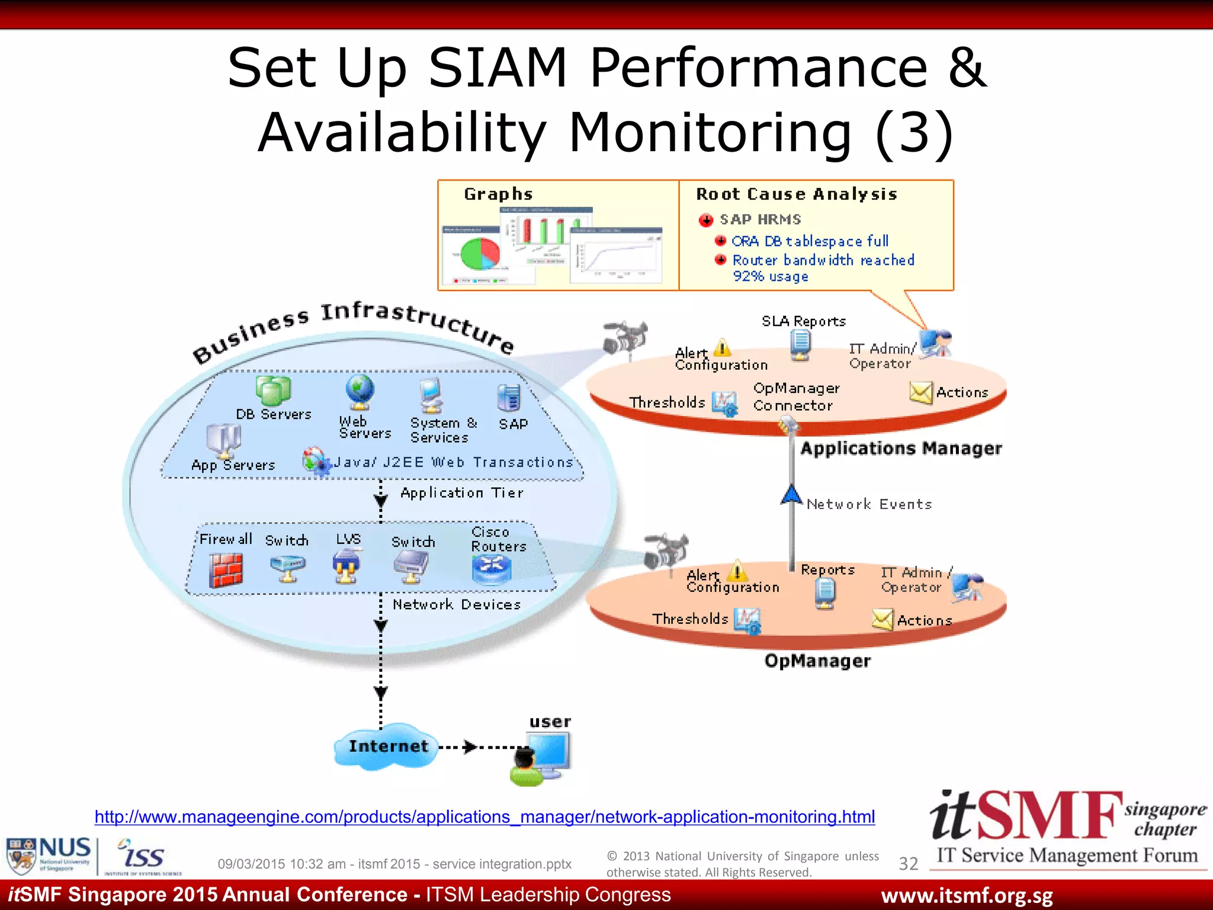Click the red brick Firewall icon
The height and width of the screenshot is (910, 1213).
pyautogui.click(x=226, y=570)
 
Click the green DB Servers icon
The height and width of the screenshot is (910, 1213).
pyautogui.click(x=273, y=390)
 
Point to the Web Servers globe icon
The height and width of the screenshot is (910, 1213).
pyautogui.click(x=360, y=392)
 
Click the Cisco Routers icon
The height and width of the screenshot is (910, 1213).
pyautogui.click(x=492, y=569)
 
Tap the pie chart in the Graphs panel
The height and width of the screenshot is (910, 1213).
pyautogui.click(x=480, y=253)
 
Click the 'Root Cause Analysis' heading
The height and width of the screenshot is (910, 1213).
pyautogui.click(x=796, y=194)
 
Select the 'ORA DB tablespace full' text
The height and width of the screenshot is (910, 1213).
pyautogui.click(x=810, y=241)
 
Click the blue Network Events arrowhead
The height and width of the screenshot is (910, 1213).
pyautogui.click(x=791, y=495)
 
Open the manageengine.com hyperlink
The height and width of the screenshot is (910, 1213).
pyautogui.click(x=484, y=817)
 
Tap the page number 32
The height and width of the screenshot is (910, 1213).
pyautogui.click(x=908, y=864)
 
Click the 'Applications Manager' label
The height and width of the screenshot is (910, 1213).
pyautogui.click(x=901, y=448)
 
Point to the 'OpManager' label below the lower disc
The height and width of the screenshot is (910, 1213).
pyautogui.click(x=817, y=661)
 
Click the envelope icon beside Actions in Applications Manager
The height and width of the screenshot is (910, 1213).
pyautogui.click(x=920, y=392)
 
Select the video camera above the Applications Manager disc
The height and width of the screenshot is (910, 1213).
pyautogui.click(x=624, y=339)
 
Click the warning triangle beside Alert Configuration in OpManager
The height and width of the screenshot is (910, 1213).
pyautogui.click(x=737, y=572)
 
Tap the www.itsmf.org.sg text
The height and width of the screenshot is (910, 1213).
pyautogui.click(x=967, y=896)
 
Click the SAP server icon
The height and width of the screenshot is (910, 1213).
pyautogui.click(x=509, y=398)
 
